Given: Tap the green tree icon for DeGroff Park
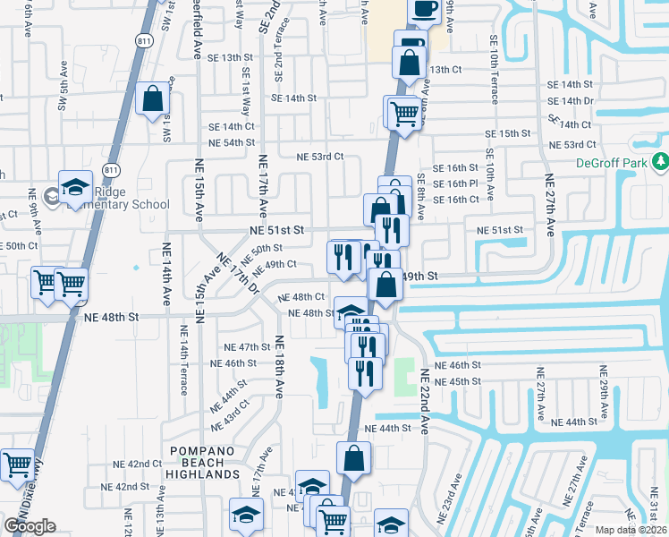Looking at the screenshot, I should (x=660, y=162).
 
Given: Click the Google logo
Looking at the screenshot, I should (x=30, y=526).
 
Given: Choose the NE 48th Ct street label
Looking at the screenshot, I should (x=301, y=296).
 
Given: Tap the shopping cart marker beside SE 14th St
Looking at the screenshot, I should (x=403, y=113).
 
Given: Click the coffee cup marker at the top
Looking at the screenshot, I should (x=425, y=9).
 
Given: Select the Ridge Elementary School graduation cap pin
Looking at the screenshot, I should (x=75, y=185).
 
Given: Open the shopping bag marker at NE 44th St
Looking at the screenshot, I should (x=354, y=457).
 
